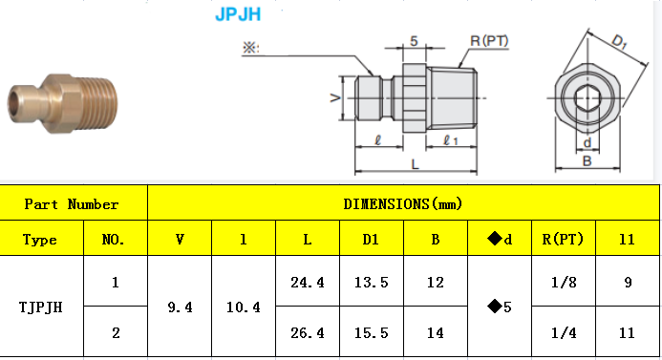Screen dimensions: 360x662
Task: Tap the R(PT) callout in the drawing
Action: pyautogui.click(x=488, y=41)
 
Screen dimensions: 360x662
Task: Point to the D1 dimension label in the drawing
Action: pyautogui.click(x=619, y=42)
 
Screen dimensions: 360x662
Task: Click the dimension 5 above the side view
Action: pyautogui.click(x=414, y=41)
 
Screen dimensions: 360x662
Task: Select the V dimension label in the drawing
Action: pyautogui.click(x=333, y=98)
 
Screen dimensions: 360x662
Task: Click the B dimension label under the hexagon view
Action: pyautogui.click(x=587, y=161)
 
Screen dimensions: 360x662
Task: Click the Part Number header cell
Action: pyautogui.click(x=72, y=204)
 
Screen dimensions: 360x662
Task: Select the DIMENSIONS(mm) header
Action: pyautogui.click(x=402, y=204)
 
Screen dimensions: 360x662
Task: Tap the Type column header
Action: pyautogui.click(x=40, y=240)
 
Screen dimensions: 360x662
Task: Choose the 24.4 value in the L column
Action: pyautogui.click(x=307, y=283)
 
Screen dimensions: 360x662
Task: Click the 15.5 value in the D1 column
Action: pyautogui.click(x=372, y=333)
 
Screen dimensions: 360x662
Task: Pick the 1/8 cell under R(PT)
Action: pyautogui.click(x=564, y=283)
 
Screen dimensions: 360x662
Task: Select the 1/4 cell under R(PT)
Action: pyautogui.click(x=564, y=333)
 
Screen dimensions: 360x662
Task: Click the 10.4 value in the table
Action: pyautogui.click(x=243, y=307)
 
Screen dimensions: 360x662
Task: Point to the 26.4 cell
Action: pyautogui.click(x=307, y=333)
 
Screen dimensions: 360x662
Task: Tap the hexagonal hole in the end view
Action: pyautogui.click(x=584, y=98)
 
